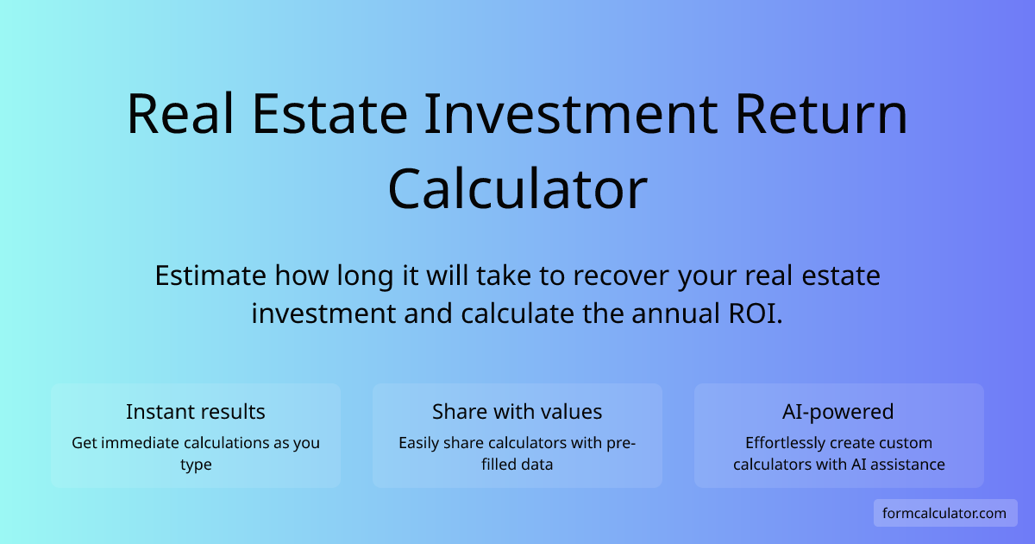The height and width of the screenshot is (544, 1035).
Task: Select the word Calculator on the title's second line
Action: pos(517,190)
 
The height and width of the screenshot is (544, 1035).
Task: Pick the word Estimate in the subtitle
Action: pos(210,276)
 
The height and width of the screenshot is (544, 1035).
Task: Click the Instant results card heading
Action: pos(196,412)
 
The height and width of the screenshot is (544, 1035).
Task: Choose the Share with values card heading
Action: pos(517,412)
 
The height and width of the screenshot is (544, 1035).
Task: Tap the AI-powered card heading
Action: pos(839,412)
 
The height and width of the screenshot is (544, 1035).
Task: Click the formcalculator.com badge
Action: pos(944,513)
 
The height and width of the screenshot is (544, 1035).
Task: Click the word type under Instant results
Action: pos(196,465)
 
